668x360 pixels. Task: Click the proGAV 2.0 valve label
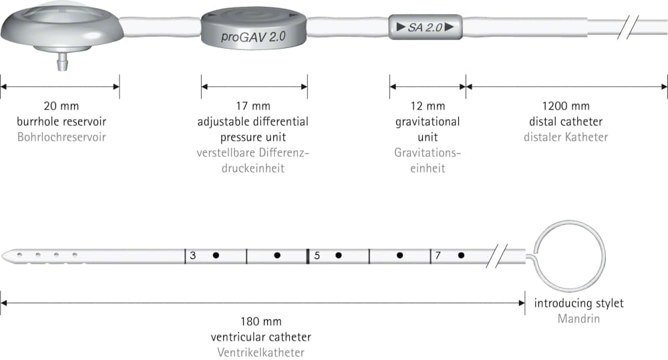click(x=253, y=37)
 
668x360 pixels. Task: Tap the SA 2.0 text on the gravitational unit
click(x=425, y=27)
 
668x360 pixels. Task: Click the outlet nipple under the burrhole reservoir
click(x=62, y=62)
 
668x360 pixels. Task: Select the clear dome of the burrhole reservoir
click(x=62, y=13)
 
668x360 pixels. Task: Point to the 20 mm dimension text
click(x=61, y=106)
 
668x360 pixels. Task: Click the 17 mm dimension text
click(x=253, y=106)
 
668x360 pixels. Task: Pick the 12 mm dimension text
click(x=428, y=106)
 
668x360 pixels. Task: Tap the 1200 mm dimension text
click(x=566, y=106)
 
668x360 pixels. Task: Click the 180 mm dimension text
click(x=261, y=321)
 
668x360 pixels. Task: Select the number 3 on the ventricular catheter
click(x=192, y=256)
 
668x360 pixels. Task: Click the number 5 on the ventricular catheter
click(x=317, y=256)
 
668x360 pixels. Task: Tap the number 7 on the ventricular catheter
click(x=438, y=256)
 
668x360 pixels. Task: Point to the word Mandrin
click(x=578, y=319)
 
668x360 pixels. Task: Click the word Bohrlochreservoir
click(x=61, y=137)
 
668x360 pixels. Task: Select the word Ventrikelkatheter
click(x=261, y=353)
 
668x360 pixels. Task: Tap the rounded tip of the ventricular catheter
click(x=3, y=256)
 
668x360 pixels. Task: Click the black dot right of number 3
click(x=216, y=256)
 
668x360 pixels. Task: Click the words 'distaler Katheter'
click(x=566, y=137)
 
